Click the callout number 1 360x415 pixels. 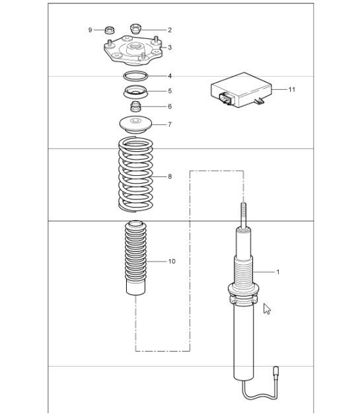277,272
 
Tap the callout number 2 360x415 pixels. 169,30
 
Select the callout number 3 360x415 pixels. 170,48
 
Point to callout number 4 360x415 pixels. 169,76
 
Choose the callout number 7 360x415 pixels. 169,124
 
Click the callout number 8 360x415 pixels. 169,176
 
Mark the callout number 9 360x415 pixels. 90,30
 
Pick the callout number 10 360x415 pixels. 171,261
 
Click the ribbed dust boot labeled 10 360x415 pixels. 135,258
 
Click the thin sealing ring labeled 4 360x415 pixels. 135,75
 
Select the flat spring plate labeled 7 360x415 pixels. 136,123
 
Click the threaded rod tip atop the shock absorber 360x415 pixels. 242,213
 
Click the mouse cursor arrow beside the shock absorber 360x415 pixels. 266,309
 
